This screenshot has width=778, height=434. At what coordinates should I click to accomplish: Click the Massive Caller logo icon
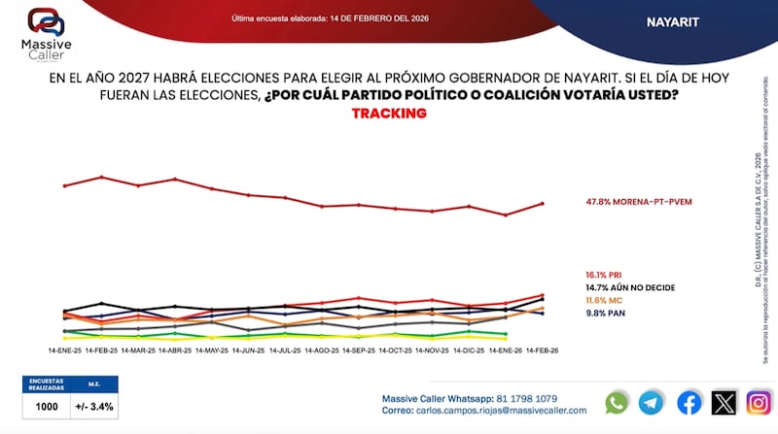pyautogui.click(x=46, y=21)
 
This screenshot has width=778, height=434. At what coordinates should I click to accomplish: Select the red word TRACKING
pyautogui.click(x=389, y=114)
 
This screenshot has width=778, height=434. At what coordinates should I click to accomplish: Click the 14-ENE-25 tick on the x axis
pyautogui.click(x=64, y=350)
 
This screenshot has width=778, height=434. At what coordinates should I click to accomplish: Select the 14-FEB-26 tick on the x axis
pyautogui.click(x=542, y=350)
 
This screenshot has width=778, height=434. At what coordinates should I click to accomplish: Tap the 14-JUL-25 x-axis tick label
pyautogui.click(x=285, y=350)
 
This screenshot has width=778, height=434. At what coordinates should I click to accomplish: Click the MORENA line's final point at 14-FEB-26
pyautogui.click(x=542, y=203)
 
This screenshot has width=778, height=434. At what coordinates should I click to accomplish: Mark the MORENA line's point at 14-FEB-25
pyautogui.click(x=101, y=177)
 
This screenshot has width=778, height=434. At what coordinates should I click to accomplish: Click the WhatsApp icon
pyautogui.click(x=617, y=402)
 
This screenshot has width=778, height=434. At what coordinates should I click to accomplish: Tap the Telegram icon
pyautogui.click(x=652, y=402)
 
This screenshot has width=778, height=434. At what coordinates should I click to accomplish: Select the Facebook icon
pyautogui.click(x=689, y=402)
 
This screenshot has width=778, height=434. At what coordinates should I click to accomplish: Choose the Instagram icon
pyautogui.click(x=759, y=402)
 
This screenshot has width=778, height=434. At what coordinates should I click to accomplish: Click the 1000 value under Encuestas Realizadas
pyautogui.click(x=47, y=408)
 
